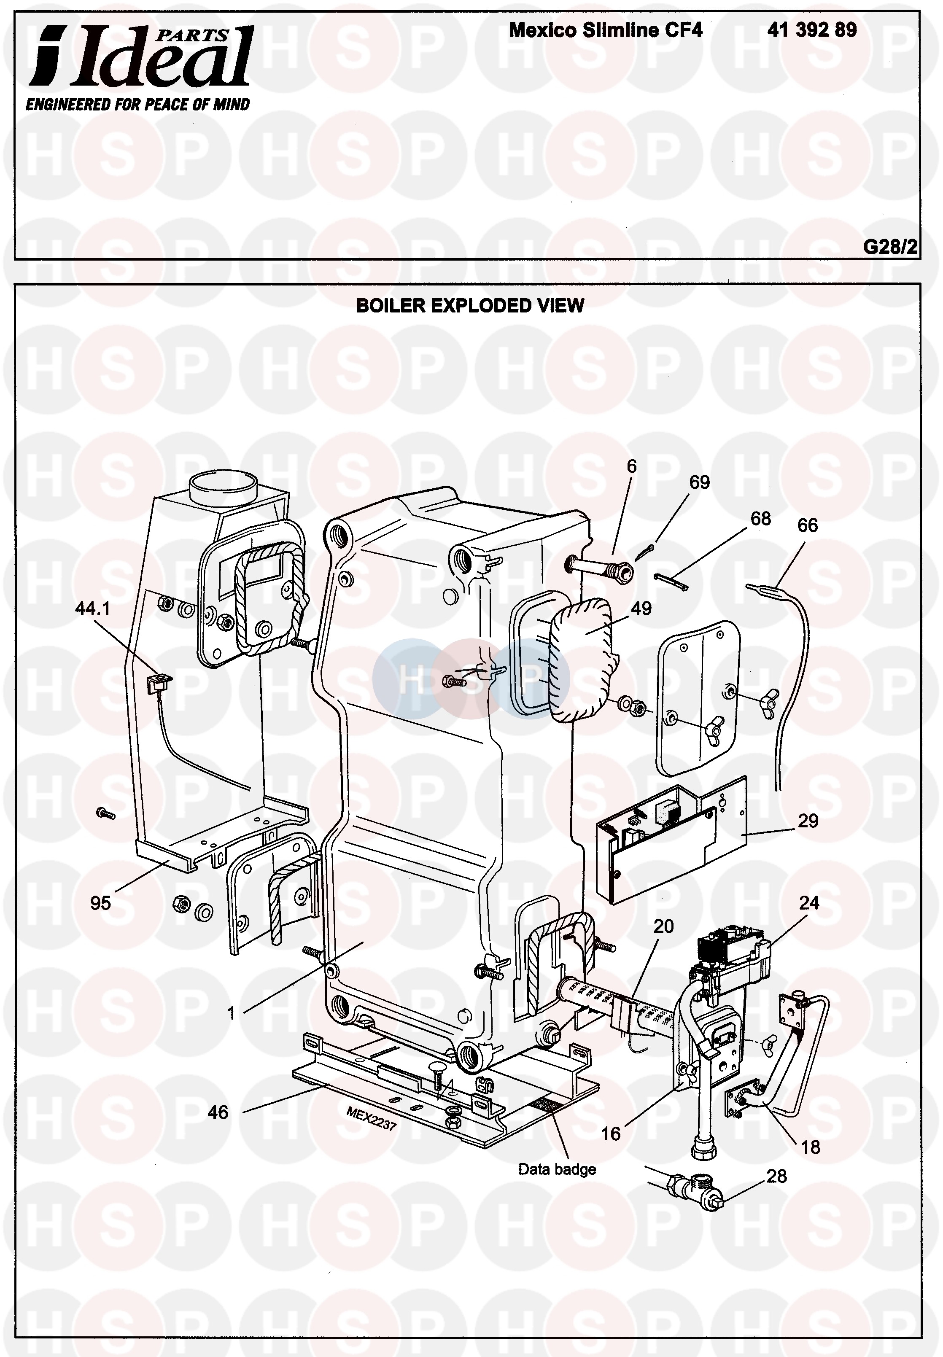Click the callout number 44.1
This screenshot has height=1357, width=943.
[x=93, y=608]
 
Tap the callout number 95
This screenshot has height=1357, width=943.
[x=100, y=903]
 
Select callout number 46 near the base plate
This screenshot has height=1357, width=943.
[x=218, y=1112]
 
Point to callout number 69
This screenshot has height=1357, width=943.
[x=700, y=482]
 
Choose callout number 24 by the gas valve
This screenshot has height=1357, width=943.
[x=809, y=903]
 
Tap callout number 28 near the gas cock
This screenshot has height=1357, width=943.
[x=776, y=1176]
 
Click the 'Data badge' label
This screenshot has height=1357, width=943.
[x=557, y=1169]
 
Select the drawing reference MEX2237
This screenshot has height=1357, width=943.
[x=371, y=1118]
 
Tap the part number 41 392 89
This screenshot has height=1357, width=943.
[x=812, y=30]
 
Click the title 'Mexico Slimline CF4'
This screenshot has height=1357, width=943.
[x=606, y=30]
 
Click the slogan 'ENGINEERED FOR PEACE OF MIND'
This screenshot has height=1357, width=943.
[x=137, y=105]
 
